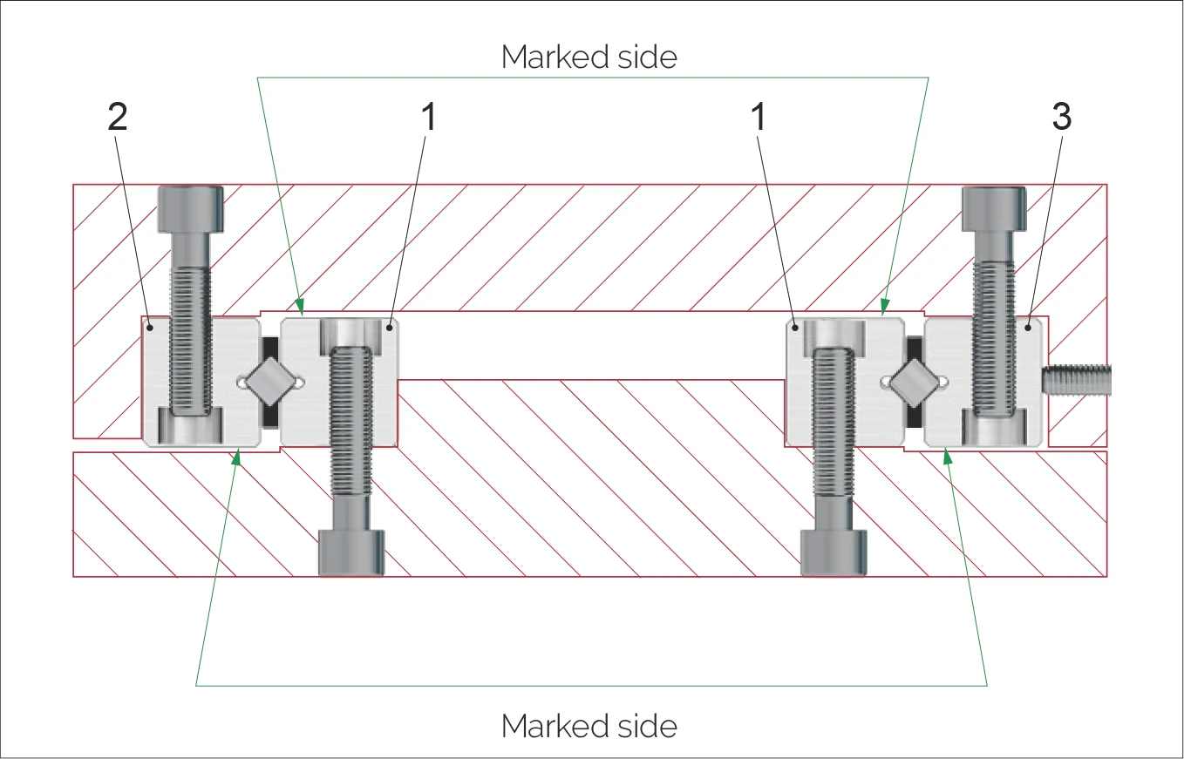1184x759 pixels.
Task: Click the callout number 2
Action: tap(118, 119)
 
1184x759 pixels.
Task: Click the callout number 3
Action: tap(1061, 119)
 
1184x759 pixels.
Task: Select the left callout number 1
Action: tap(426, 119)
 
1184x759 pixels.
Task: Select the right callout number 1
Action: tap(759, 119)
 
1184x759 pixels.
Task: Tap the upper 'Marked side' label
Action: tap(589, 58)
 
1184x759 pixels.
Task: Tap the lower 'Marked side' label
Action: tap(589, 726)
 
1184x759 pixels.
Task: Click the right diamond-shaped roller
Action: tap(915, 382)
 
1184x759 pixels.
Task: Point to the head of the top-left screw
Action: tap(190, 209)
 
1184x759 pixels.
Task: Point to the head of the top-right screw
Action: tap(993, 209)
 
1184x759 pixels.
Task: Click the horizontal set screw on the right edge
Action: tap(1076, 379)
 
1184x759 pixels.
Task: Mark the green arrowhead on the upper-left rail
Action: tap(301, 306)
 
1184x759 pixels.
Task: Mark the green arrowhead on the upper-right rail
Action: tap(882, 306)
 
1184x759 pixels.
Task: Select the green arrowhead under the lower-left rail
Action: tap(237, 454)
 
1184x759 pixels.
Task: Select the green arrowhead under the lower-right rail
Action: tap(947, 454)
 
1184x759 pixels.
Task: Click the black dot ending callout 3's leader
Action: tap(1029, 328)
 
